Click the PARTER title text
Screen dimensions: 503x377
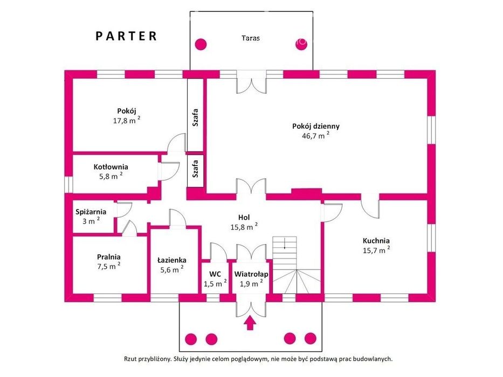coord(126,36)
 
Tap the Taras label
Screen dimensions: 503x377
coord(251,38)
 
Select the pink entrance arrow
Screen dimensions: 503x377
coord(250,323)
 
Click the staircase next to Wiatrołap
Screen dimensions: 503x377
coord(297,265)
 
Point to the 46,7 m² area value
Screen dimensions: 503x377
coord(315,135)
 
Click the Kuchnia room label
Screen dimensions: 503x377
coord(376,241)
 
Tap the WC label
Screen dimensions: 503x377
coord(215,275)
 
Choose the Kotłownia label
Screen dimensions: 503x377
coord(111,167)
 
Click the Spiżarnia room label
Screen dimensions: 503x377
coord(91,212)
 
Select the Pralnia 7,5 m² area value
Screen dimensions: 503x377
coord(109,267)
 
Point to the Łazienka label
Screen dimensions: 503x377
coord(171,260)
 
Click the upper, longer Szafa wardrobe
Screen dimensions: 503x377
coord(195,115)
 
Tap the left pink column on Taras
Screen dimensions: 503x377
coord(201,44)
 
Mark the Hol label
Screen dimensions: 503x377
coord(244,218)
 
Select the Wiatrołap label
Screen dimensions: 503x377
coord(251,275)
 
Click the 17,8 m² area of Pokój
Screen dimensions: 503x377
coord(127,121)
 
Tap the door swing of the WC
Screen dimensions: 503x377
coord(218,251)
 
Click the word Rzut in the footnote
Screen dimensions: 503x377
coord(130,359)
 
